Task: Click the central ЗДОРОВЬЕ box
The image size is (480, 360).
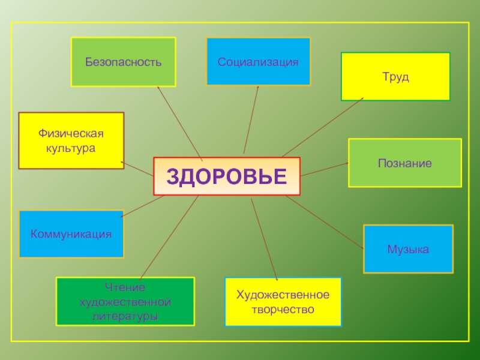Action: [x=227, y=176]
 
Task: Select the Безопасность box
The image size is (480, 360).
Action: [x=123, y=62]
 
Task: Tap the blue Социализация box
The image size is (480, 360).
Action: [x=258, y=62]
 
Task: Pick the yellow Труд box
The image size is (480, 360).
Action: [x=395, y=77]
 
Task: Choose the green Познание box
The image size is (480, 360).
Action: [x=404, y=163]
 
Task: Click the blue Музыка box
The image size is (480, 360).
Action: [x=408, y=249]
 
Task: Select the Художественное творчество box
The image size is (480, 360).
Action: [x=283, y=302]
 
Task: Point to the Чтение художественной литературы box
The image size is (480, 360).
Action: [x=125, y=301]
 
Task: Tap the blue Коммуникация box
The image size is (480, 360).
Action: [x=71, y=233]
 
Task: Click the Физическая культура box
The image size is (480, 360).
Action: [x=71, y=140]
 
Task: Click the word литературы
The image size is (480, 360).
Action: [x=126, y=315]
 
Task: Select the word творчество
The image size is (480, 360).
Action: [x=283, y=310]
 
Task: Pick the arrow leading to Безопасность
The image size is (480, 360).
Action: [x=179, y=122]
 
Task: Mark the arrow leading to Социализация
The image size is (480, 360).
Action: [x=251, y=120]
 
